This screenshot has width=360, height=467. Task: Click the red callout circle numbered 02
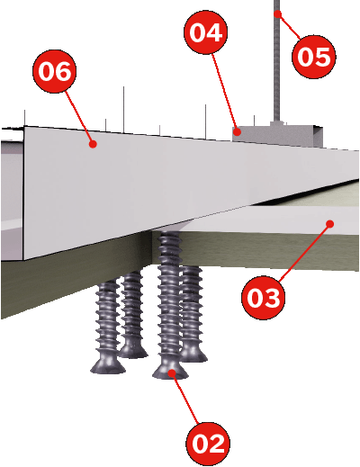[208, 444]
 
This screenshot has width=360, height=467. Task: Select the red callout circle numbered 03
[263, 298]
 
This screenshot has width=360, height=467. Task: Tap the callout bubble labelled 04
[205, 32]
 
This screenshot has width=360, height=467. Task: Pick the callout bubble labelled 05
[314, 57]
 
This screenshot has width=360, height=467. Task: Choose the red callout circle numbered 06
[55, 71]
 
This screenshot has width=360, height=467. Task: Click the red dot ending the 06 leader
[93, 144]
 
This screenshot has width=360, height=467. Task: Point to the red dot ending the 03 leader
[330, 224]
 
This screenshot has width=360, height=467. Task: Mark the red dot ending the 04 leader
[238, 131]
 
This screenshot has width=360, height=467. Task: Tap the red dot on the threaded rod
[278, 13]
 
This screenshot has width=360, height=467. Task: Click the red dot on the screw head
[172, 373]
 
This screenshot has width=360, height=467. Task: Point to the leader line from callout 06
[79, 118]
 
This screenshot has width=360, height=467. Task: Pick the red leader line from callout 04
[225, 93]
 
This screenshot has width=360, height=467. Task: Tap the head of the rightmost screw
[193, 355]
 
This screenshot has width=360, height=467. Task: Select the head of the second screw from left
[132, 351]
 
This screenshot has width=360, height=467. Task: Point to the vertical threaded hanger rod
[277, 60]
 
